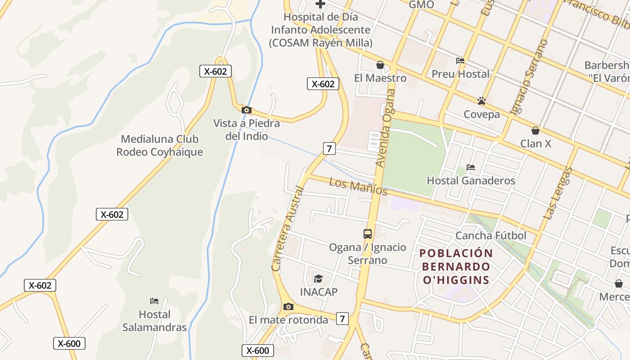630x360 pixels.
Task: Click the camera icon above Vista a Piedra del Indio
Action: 246,110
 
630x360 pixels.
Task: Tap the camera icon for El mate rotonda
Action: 288,307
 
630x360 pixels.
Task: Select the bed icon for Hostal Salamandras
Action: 154,301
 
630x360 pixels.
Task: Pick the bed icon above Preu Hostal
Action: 460,60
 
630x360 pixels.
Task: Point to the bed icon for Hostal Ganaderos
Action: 471,167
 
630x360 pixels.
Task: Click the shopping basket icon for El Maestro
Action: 380,65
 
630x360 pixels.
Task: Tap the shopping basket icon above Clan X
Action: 535,130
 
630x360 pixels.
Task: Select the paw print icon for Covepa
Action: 481,101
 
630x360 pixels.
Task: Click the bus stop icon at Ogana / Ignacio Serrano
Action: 368,234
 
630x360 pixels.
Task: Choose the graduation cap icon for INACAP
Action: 319,279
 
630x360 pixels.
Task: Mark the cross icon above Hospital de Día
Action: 320,4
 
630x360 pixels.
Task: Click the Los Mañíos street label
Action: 358,186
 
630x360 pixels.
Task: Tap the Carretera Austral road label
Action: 288,229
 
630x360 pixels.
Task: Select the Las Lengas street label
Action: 557,193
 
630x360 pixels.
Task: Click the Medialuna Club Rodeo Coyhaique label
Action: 160,145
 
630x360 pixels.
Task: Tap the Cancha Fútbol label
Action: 490,235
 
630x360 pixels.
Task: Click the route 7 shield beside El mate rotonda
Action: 342,319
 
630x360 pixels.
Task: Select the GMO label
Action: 421,4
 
